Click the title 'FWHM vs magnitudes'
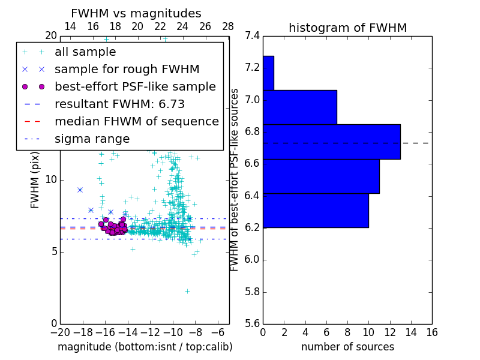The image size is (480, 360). tap(136, 14)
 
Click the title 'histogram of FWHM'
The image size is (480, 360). tap(347, 28)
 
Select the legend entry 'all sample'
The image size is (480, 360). tap(85, 52)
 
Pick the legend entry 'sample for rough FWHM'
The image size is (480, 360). tap(127, 70)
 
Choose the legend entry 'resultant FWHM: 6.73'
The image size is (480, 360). tap(119, 104)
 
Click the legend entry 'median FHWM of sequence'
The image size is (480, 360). tap(136, 122)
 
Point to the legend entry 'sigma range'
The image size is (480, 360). tap(92, 139)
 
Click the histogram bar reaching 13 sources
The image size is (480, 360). tap(332, 142)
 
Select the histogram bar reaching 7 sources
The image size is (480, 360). tap(300, 107)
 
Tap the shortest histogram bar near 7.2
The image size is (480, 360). tap(268, 73)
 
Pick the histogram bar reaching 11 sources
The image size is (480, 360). tap(321, 176)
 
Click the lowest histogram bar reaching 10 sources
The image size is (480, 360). tap(316, 211)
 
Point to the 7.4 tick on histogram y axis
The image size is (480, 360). tap(252, 36)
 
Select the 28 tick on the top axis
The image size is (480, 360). tap(228, 27)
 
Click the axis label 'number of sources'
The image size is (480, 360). tap(347, 347)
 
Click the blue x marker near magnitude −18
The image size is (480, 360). tap(80, 190)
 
